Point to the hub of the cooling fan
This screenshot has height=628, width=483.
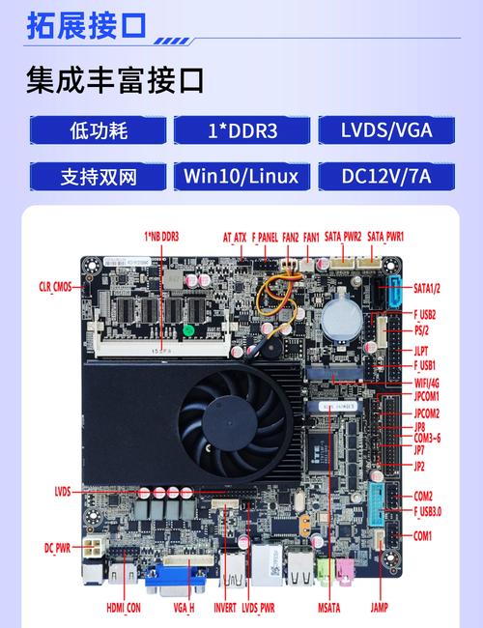tap(230, 424)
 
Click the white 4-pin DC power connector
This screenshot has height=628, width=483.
tap(93, 548)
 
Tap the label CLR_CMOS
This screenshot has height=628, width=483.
tap(55, 287)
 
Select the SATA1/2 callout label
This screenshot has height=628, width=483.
tap(427, 288)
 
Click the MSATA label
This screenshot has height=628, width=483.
tap(328, 608)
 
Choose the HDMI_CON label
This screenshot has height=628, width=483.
tap(124, 608)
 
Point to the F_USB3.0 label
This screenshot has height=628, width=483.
tap(427, 511)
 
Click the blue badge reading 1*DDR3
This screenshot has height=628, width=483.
tap(241, 130)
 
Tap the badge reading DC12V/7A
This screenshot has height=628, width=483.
tap(386, 176)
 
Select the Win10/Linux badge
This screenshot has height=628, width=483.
tap(241, 176)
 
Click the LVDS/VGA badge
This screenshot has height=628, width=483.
tap(386, 130)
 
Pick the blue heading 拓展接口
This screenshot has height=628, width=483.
tap(87, 26)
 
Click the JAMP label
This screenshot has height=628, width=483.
tap(379, 608)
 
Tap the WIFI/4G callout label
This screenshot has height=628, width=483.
tap(427, 384)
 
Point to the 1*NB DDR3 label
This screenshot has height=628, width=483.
tap(161, 237)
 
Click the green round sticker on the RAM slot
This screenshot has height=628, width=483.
tap(188, 330)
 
